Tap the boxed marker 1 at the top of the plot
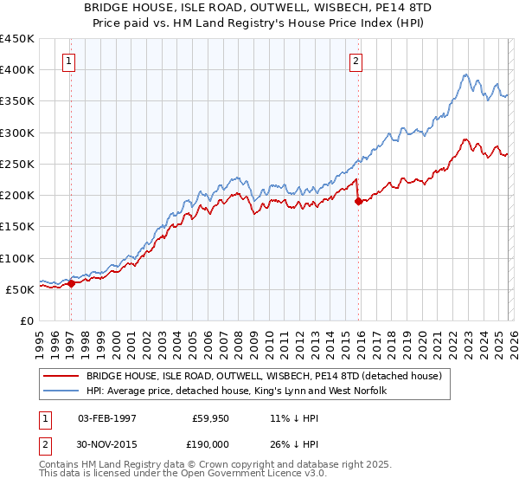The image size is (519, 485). point(68,61)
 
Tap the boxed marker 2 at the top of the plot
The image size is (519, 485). point(356,61)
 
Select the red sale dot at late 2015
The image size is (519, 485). point(359,201)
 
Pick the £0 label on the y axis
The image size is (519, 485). point(28,320)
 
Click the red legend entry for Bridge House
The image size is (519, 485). point(264,376)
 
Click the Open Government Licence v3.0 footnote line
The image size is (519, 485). point(183,475)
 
